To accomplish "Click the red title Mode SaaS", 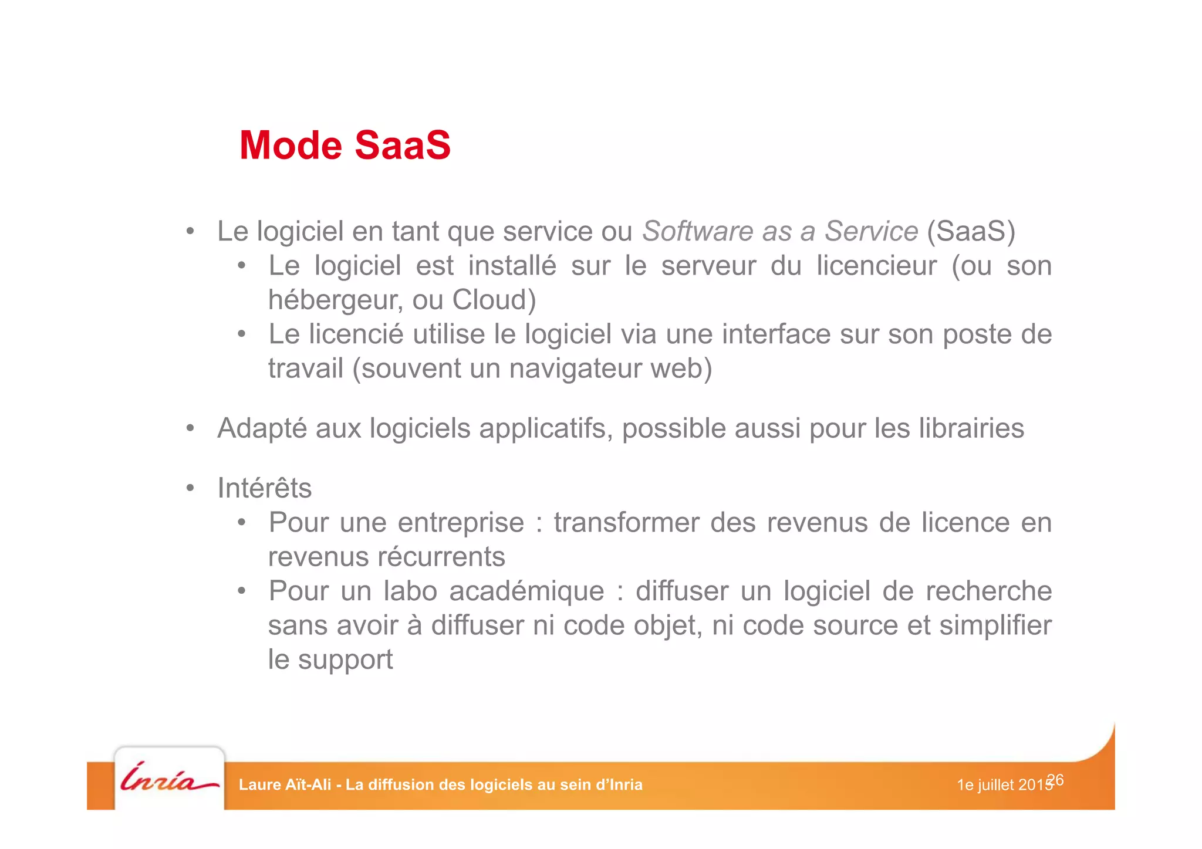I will coord(345,145).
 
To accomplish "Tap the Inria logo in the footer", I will coord(169,779).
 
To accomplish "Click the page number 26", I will coord(1055,779).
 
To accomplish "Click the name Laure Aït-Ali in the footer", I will coord(285,785).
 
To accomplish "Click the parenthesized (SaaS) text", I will coord(971,231).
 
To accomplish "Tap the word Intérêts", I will coord(264,488).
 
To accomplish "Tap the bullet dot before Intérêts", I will coord(190,488).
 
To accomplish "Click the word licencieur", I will coord(876,266).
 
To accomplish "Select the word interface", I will coord(776,334).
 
